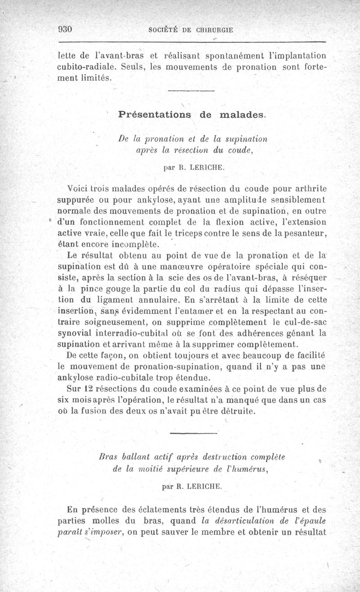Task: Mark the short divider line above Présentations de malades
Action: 191,92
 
